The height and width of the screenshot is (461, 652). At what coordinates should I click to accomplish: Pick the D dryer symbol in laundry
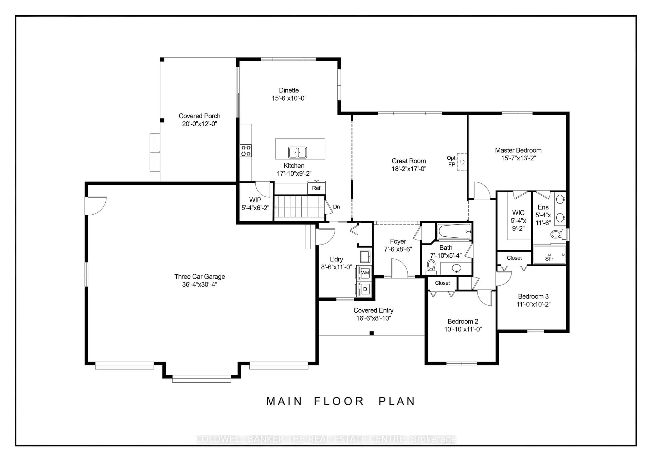[x=365, y=289]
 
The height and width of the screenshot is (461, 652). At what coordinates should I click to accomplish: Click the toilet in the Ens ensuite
[x=555, y=234]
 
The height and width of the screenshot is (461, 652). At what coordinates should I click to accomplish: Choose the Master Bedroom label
[x=518, y=150]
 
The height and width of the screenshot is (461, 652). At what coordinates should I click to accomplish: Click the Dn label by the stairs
[x=336, y=207]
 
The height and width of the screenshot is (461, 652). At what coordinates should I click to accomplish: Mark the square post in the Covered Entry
[x=372, y=333]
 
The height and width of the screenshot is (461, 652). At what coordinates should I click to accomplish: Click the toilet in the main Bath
[x=431, y=266]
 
